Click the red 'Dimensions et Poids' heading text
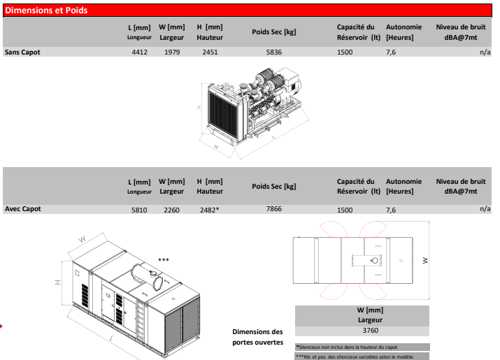tap(46, 10)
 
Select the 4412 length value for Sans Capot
tap(140, 52)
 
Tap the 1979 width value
tap(172, 52)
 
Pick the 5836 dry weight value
tap(274, 52)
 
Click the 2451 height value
tap(210, 52)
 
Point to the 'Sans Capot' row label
tap(22, 52)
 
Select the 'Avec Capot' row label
tap(22, 209)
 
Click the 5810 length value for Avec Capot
tap(139, 210)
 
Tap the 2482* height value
tap(210, 210)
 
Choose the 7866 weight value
tap(274, 209)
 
